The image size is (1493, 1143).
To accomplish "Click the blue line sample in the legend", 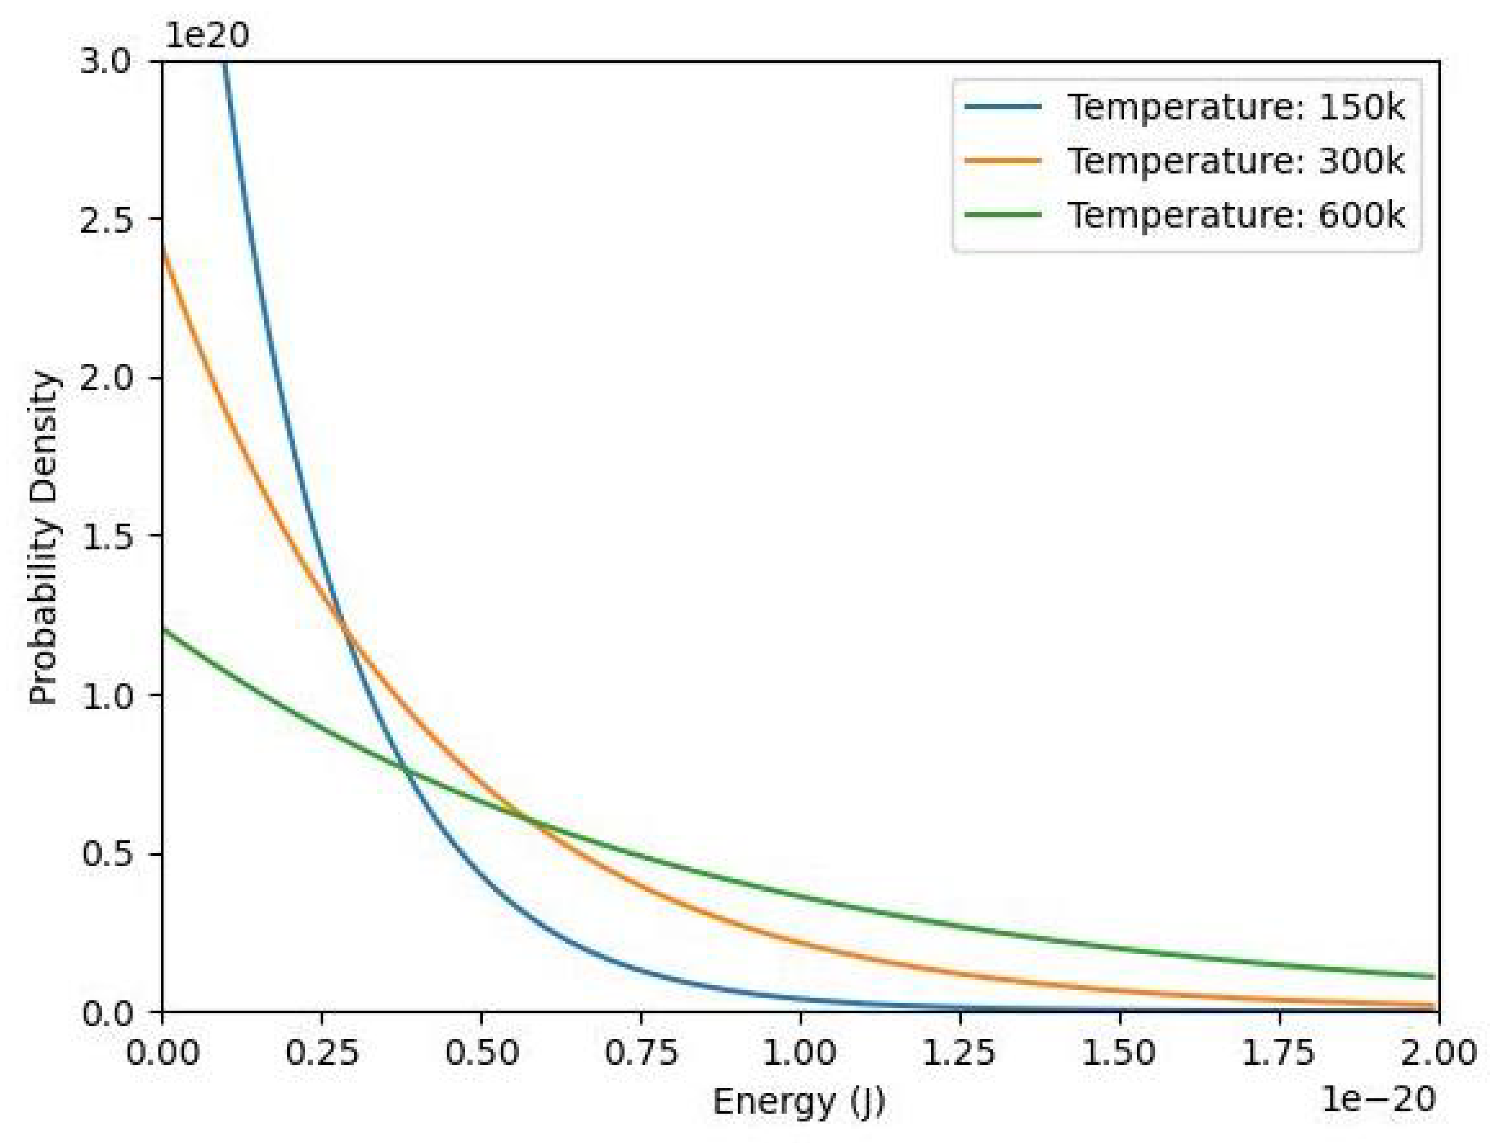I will [x=1002, y=107].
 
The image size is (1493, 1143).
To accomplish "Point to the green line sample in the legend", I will [x=1002, y=215].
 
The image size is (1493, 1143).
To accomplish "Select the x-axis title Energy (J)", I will [x=799, y=1101].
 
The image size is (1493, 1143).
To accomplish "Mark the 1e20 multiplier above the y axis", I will [x=207, y=35].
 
